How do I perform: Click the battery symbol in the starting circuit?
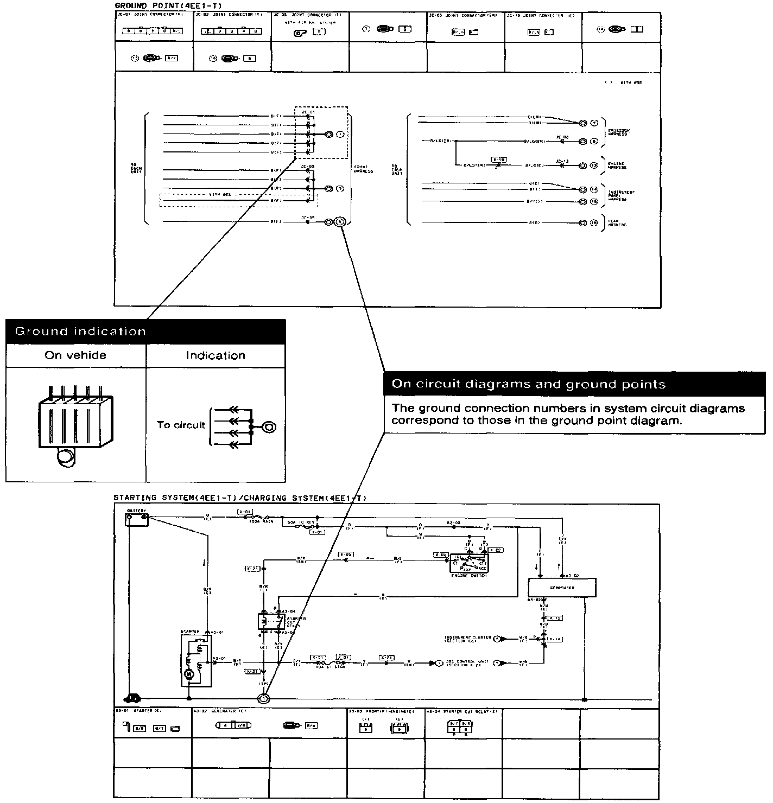click(x=137, y=519)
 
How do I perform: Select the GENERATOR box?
click(x=562, y=587)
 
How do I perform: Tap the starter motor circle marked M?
click(x=189, y=674)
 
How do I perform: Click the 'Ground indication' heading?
click(x=80, y=331)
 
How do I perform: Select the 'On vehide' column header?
click(x=75, y=355)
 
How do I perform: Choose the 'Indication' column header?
click(x=215, y=355)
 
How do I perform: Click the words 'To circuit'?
click(x=181, y=425)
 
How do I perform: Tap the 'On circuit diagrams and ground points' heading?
click(x=528, y=384)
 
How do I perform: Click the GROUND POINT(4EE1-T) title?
click(x=169, y=5)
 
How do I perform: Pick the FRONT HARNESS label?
click(x=363, y=169)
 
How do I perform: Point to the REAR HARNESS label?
click(x=617, y=223)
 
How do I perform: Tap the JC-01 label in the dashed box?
click(x=308, y=112)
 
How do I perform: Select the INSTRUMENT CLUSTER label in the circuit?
click(x=468, y=639)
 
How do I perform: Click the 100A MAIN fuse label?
click(x=261, y=521)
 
